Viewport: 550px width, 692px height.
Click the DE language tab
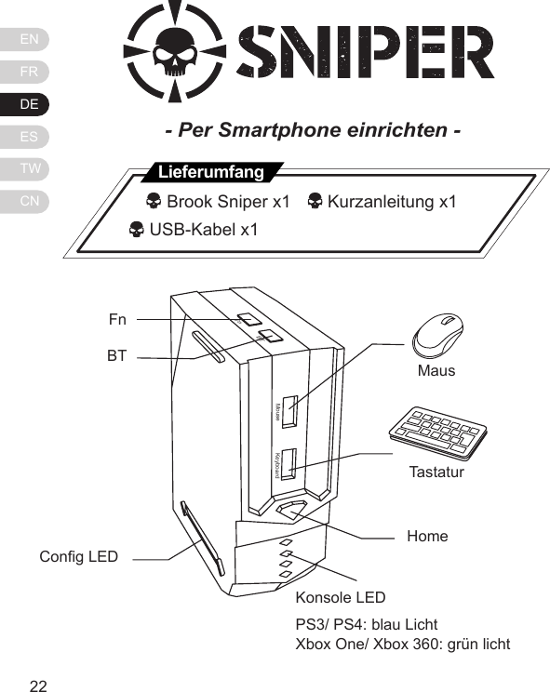coord(29,104)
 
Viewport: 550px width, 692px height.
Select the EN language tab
coord(29,39)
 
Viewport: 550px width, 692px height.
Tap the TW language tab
coord(29,169)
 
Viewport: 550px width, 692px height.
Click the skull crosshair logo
coord(173,52)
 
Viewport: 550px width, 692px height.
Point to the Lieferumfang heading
coord(211,173)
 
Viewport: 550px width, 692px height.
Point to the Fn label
coord(117,320)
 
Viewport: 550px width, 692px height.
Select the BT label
coord(116,355)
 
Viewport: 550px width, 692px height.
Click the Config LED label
coord(79,556)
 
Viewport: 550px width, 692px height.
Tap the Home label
coord(427,537)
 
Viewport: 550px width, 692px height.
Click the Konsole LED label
coord(340,597)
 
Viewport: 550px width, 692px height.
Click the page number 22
coord(38,686)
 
